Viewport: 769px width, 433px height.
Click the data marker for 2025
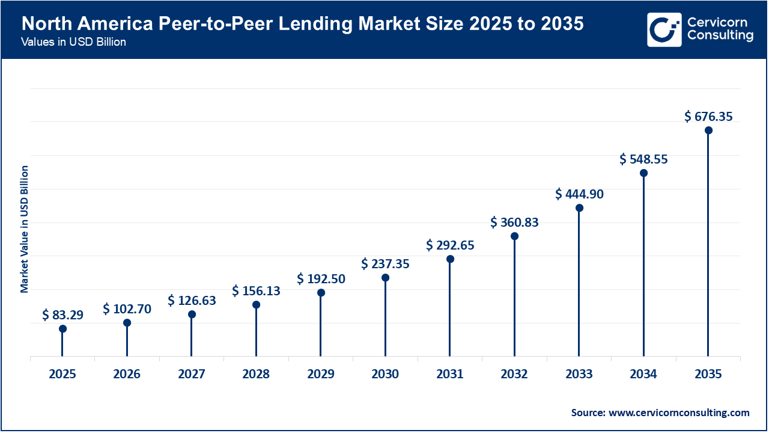click(x=62, y=329)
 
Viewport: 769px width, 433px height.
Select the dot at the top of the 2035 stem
click(x=708, y=131)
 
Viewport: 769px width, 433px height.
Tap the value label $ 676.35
click(x=708, y=117)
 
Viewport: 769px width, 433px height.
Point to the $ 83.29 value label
click(x=62, y=315)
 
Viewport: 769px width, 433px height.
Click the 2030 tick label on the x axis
click(x=385, y=375)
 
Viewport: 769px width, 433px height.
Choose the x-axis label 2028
click(x=256, y=375)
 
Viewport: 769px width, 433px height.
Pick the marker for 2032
click(x=514, y=236)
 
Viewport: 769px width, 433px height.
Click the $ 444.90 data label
click(x=579, y=194)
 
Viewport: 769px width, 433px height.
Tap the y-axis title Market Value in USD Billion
click(x=25, y=229)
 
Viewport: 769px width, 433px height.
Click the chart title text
click(x=302, y=25)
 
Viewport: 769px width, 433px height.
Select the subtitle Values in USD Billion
click(x=73, y=43)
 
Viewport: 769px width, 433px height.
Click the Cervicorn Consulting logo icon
click(x=664, y=29)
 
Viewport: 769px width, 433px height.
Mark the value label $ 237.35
click(x=385, y=264)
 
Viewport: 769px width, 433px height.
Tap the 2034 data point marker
click(x=643, y=173)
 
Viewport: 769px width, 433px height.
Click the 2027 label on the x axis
click(x=192, y=375)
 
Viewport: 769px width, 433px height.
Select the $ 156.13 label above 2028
click(x=256, y=291)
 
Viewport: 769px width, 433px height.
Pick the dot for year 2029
click(x=321, y=293)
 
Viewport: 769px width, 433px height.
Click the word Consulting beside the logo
click(x=720, y=36)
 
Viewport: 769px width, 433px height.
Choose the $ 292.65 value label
click(x=450, y=245)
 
